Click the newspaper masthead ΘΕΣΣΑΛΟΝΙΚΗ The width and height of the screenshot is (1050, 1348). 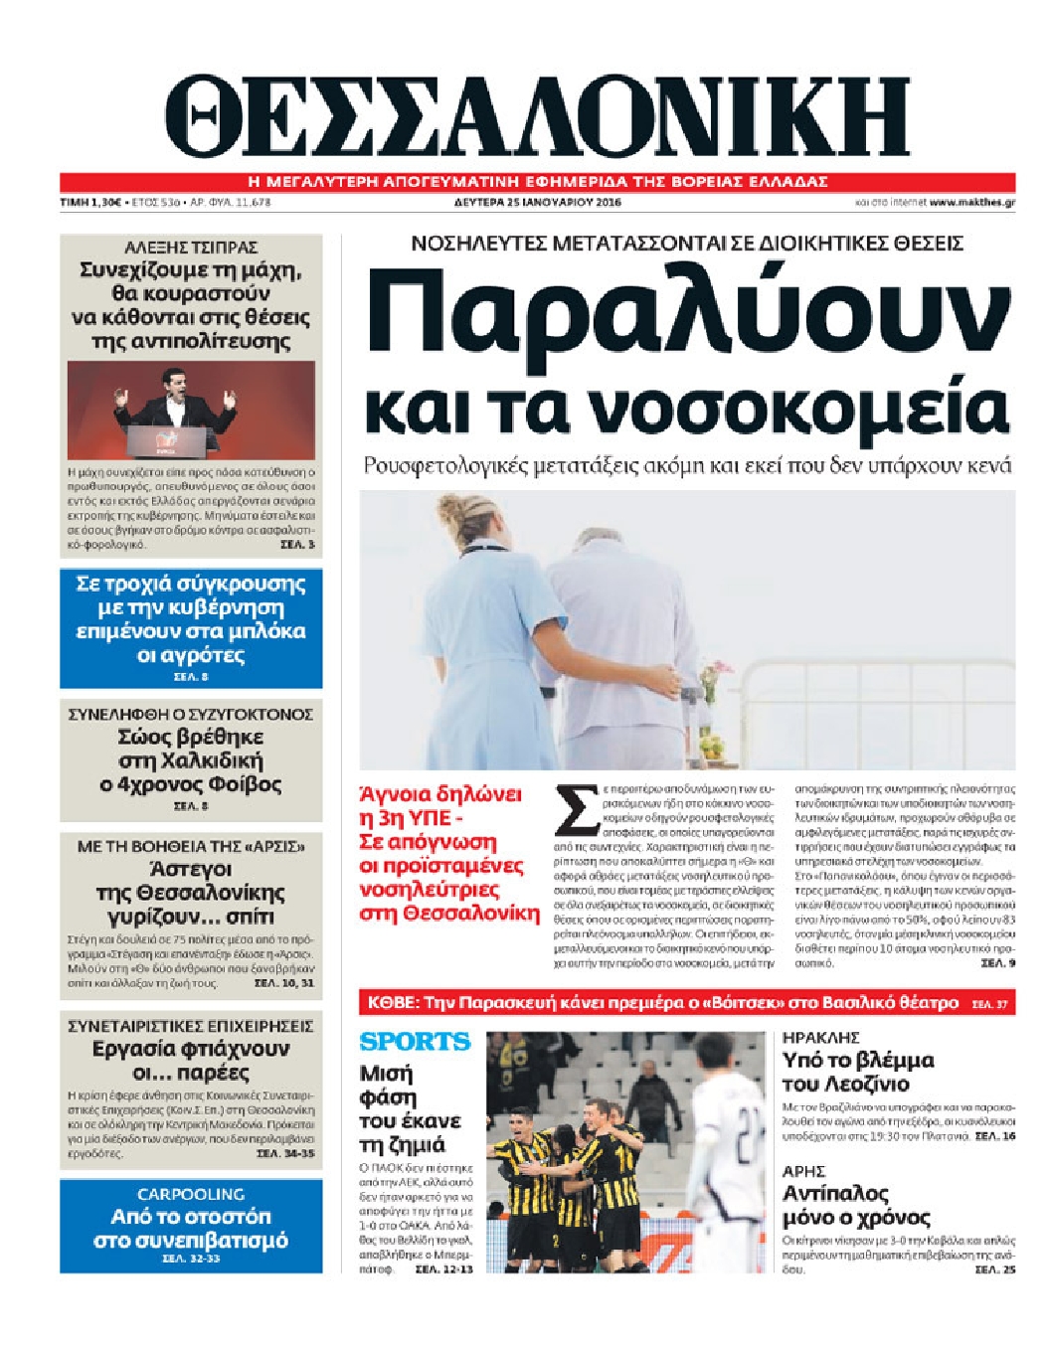tap(537, 116)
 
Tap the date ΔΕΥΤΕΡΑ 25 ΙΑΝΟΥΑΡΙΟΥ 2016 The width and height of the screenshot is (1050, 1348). tap(531, 202)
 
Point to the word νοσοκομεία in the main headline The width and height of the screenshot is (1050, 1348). tap(806, 410)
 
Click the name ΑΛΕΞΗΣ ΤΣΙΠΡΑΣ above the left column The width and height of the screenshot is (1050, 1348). tap(191, 247)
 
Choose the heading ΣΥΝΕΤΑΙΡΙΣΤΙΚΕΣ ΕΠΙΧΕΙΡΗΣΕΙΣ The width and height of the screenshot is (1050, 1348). tap(191, 1025)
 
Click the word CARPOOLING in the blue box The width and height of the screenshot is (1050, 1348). tap(191, 1194)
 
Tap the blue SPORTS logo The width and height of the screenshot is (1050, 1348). tap(415, 1042)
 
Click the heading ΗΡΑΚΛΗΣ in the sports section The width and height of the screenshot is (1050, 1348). tap(820, 1038)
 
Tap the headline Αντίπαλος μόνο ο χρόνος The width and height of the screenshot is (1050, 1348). tap(856, 1205)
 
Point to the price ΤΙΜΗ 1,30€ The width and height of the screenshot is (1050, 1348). tap(89, 202)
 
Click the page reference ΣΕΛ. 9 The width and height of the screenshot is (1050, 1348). tap(997, 963)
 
